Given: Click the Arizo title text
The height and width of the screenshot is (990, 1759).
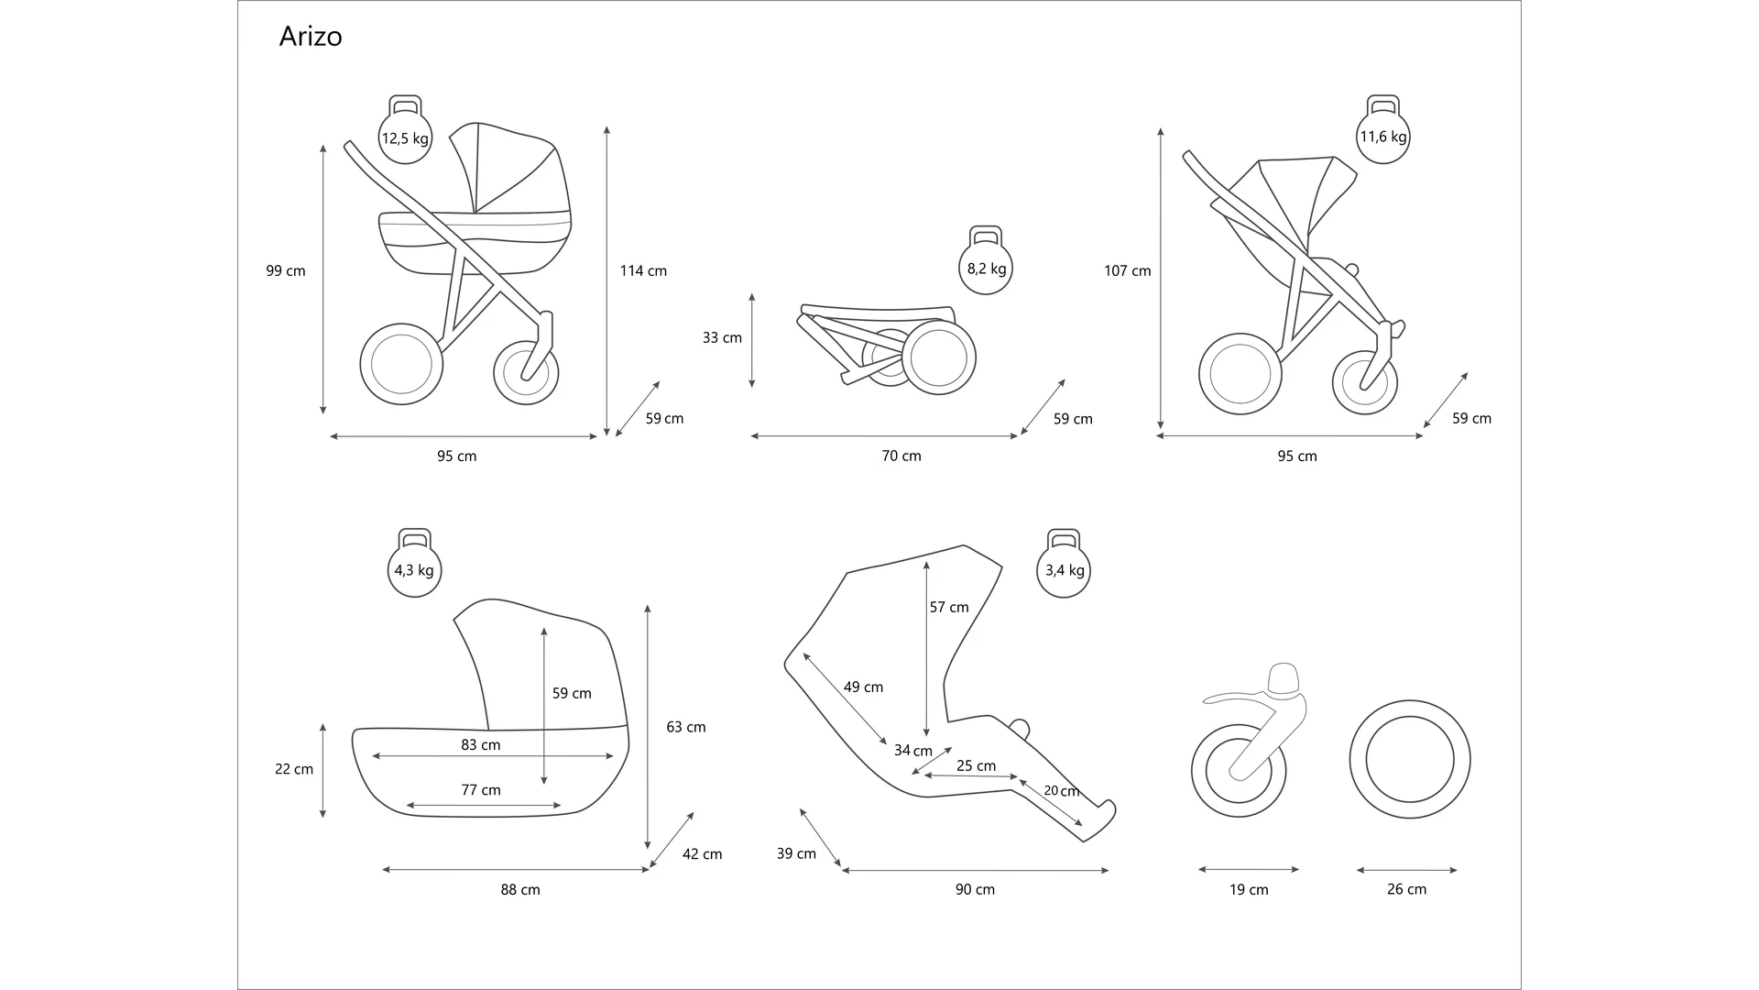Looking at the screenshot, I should (x=311, y=37).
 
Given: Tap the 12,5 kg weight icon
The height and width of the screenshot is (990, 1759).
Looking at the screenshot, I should (x=405, y=137).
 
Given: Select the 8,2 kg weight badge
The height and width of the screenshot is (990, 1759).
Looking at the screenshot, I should (x=986, y=268).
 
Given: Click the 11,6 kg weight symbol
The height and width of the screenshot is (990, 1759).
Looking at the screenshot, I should (x=1382, y=137).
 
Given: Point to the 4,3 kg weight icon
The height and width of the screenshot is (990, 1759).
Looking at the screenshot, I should (x=414, y=570).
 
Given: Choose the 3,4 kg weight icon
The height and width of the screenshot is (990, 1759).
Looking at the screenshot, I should (x=1064, y=570).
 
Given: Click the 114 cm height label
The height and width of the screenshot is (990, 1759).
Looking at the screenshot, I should (x=643, y=270).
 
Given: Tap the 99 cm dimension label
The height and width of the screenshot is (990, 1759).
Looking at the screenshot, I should (x=286, y=270).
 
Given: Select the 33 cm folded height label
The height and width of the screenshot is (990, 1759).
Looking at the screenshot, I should (x=722, y=337).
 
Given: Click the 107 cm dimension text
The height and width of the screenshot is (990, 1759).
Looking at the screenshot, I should (x=1127, y=270).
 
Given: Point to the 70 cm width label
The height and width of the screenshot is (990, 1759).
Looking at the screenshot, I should (x=901, y=456).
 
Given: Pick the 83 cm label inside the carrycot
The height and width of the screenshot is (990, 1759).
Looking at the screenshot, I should (x=480, y=744).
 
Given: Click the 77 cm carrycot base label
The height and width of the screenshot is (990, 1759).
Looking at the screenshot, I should (x=480, y=789).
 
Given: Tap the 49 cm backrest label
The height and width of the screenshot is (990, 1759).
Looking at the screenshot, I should (x=863, y=687).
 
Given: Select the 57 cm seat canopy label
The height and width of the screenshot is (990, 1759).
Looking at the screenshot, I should (x=948, y=607).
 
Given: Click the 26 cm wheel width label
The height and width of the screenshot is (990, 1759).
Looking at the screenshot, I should (x=1406, y=889).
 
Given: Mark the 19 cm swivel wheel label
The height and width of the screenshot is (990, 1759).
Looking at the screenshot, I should (x=1249, y=889).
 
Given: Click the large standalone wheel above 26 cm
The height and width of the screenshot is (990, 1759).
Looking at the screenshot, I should (x=1409, y=760).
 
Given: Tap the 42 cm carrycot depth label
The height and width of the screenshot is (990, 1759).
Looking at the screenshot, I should (x=702, y=854).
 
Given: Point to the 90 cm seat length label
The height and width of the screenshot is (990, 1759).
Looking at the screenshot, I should (x=975, y=889).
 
